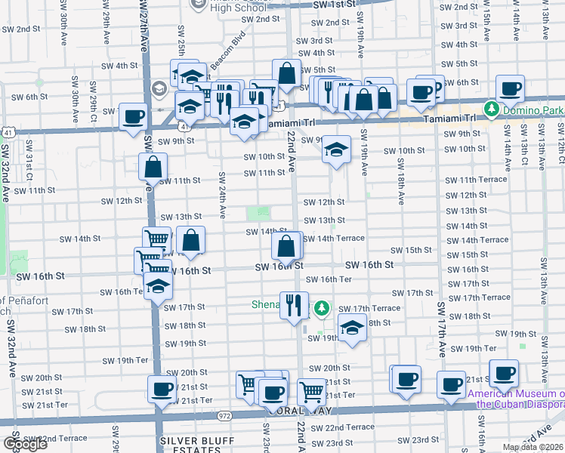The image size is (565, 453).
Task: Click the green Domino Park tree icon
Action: click(492, 109)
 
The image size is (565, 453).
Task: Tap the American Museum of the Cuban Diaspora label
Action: click(515, 398)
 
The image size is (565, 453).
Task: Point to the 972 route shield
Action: click(225, 415)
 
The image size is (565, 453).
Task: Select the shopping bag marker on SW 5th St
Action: click(286, 74)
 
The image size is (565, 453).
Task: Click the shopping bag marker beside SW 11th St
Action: click(153, 166)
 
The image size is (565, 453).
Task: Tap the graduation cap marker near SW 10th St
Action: click(337, 149)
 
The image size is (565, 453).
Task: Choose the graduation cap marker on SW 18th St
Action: click(352, 328)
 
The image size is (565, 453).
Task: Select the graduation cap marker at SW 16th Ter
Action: click(158, 286)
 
